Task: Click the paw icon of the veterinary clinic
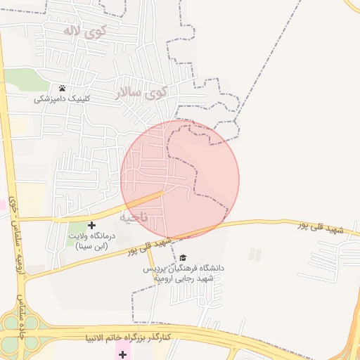[63, 89]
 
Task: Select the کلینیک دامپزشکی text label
[63, 100]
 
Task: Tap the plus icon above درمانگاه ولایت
[91, 225]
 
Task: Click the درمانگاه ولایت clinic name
[91, 237]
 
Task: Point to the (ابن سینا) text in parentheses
[91, 247]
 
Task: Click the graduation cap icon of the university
[184, 258]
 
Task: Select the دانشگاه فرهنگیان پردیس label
[184, 269]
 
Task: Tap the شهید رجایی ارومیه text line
[184, 278]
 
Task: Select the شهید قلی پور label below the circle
[150, 247]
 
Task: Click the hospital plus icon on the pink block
[122, 349]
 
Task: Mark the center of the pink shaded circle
[180, 179]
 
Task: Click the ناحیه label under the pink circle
[135, 217]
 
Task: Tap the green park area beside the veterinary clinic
[25, 79]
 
